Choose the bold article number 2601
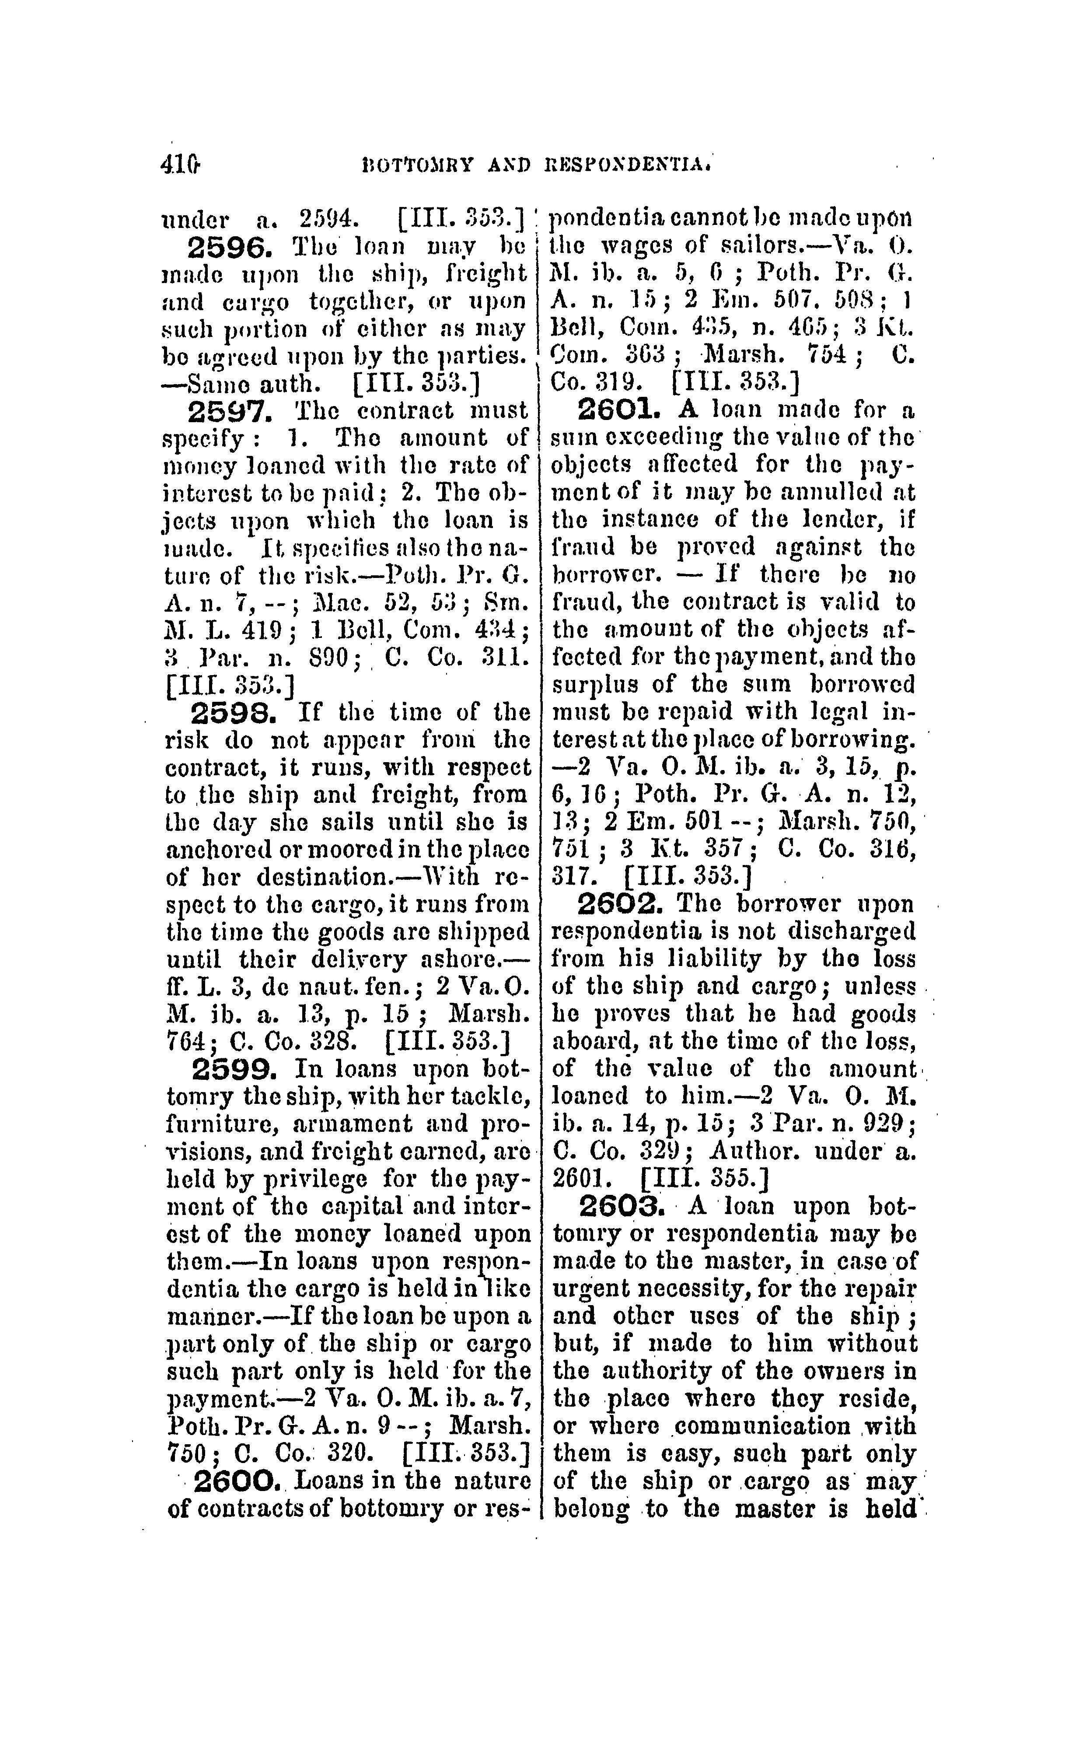click(x=620, y=411)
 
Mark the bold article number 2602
click(x=620, y=905)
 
